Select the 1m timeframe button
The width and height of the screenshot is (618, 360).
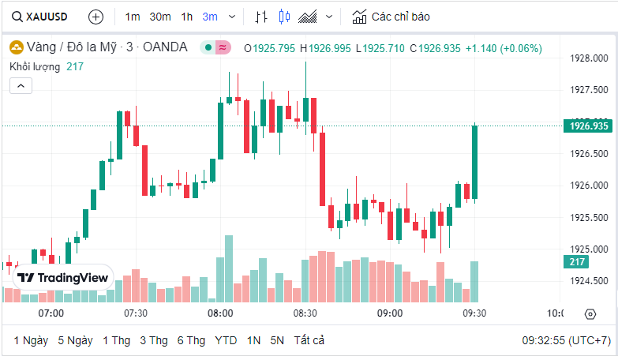[x=133, y=16]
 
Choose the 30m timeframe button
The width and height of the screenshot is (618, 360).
[x=160, y=16]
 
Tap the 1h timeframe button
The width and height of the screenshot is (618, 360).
[x=187, y=16]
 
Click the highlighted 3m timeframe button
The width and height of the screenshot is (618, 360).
[x=210, y=16]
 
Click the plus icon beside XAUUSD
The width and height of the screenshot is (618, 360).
[x=96, y=16]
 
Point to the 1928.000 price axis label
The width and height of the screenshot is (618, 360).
[x=588, y=58]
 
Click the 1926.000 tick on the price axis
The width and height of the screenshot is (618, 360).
[x=588, y=186]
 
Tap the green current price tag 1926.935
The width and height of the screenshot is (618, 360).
[x=588, y=126]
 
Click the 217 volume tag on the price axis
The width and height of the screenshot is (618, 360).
[x=577, y=262]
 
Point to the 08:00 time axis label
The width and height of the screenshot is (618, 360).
[x=220, y=313]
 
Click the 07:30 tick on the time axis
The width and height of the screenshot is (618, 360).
[x=136, y=313]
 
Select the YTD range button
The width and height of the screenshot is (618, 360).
[x=226, y=340]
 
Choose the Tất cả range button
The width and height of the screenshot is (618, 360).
[x=309, y=340]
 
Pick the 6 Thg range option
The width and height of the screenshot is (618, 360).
[x=191, y=340]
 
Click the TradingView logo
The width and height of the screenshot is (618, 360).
[x=63, y=278]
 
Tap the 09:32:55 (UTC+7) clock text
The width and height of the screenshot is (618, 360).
[x=566, y=340]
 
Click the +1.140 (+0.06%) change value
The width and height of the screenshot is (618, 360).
[x=503, y=48]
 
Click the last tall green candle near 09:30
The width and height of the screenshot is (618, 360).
[x=475, y=162]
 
